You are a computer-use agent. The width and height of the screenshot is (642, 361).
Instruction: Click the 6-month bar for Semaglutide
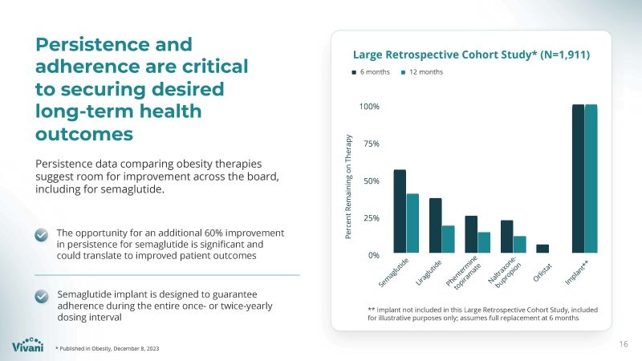(400, 212)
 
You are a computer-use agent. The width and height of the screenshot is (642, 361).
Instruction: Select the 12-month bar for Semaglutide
(412, 224)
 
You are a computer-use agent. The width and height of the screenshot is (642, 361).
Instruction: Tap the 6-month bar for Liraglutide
(436, 226)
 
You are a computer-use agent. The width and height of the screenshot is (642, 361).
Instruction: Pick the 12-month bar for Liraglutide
(448, 240)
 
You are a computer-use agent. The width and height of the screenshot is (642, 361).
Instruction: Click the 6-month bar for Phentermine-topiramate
(471, 235)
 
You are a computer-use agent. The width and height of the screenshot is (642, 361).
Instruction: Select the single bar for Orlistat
(542, 249)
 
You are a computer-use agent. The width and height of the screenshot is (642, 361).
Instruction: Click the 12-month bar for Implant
(591, 180)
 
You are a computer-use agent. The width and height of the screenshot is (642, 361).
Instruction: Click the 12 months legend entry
(421, 72)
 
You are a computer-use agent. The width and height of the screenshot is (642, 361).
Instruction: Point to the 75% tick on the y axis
(369, 144)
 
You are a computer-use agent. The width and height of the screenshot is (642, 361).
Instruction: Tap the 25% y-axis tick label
(369, 218)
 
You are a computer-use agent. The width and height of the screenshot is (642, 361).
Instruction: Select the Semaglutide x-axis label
(393, 274)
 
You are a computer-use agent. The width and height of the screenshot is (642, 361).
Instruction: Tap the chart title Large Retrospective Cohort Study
(472, 55)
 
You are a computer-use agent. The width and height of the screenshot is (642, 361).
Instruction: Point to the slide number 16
(624, 344)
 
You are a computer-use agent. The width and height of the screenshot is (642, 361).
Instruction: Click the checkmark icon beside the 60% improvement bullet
(43, 234)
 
